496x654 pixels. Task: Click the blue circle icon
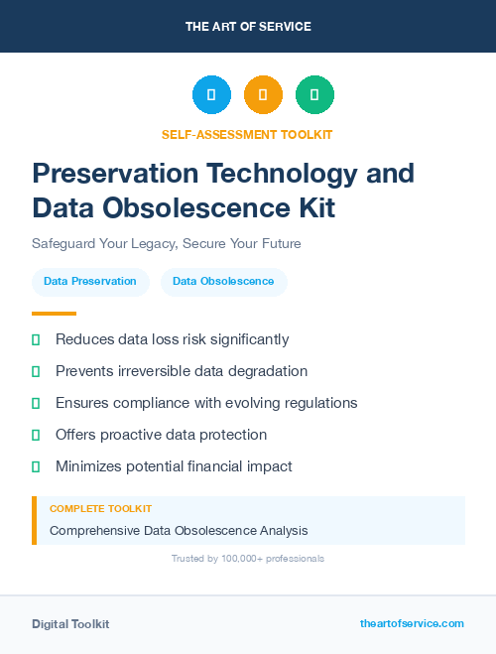pos(211,95)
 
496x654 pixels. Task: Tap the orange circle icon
pos(263,95)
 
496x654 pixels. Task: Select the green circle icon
pos(314,95)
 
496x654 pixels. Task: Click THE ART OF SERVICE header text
pos(248,27)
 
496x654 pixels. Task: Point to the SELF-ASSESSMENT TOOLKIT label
pos(248,134)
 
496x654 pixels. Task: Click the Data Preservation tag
pos(90,282)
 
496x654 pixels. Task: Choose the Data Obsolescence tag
pos(223,282)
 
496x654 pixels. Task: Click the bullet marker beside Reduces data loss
pos(36,339)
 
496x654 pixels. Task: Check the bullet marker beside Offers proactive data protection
pos(36,435)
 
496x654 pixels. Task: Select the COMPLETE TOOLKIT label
pos(100,509)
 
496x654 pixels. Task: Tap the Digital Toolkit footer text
pos(70,624)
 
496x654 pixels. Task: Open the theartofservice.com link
pos(412,623)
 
